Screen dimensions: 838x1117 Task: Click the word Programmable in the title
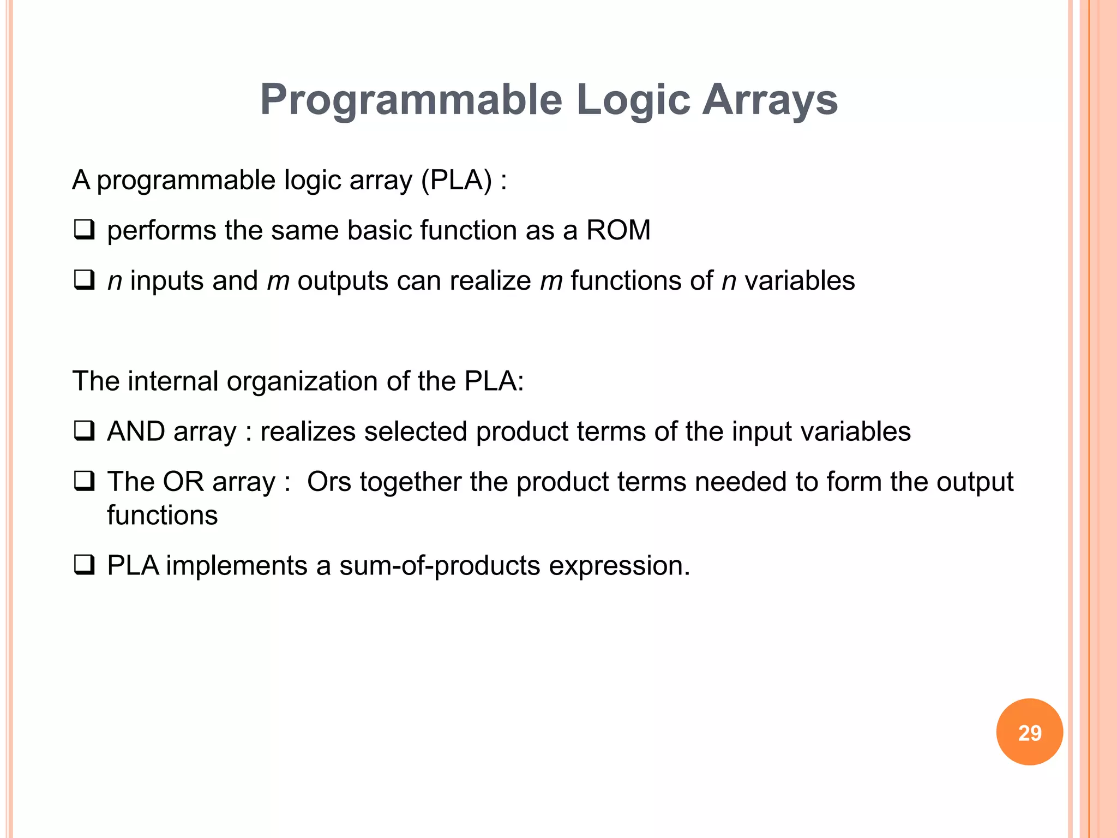(411, 100)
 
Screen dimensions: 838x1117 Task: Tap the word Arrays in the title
(770, 100)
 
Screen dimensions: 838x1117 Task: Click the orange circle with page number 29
(1029, 732)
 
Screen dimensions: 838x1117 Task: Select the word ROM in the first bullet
(618, 230)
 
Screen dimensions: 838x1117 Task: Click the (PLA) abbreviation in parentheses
(457, 179)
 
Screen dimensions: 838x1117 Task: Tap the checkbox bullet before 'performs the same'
(85, 230)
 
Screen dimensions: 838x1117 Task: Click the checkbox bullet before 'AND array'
(85, 431)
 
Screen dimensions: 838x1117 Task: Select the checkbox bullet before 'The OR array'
(85, 481)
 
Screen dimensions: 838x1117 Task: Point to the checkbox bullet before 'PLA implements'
(85, 565)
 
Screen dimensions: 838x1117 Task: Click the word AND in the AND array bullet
(136, 431)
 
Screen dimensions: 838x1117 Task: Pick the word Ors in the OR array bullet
(329, 482)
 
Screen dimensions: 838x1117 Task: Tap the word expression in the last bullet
(619, 566)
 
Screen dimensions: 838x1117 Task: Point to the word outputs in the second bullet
(343, 281)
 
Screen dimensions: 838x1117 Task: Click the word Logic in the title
(633, 100)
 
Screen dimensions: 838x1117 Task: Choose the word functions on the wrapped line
(162, 515)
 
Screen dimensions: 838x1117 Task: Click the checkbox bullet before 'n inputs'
(85, 280)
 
